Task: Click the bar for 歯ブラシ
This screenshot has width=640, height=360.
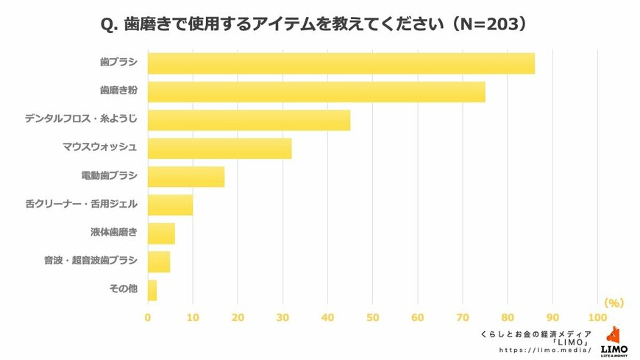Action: pyautogui.click(x=341, y=63)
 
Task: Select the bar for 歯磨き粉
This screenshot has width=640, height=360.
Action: pyautogui.click(x=316, y=92)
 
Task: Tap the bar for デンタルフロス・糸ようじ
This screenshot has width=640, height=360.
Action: pyautogui.click(x=249, y=120)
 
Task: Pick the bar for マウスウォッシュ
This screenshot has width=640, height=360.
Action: pyautogui.click(x=219, y=149)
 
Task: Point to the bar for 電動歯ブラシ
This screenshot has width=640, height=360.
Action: pyautogui.click(x=186, y=177)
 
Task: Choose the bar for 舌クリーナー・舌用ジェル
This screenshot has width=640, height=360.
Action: pyautogui.click(x=170, y=205)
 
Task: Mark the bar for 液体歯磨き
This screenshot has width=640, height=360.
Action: pyautogui.click(x=161, y=233)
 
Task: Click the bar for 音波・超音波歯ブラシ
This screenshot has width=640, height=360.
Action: pyautogui.click(x=159, y=261)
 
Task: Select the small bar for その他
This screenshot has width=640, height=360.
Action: pyautogui.click(x=152, y=289)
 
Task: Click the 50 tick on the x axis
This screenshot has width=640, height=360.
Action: pyautogui.click(x=372, y=317)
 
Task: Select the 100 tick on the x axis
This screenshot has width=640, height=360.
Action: pyautogui.click(x=597, y=317)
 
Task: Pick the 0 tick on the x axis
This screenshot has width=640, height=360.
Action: pyautogui.click(x=148, y=317)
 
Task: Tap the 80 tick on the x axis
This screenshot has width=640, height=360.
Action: pyautogui.click(x=508, y=317)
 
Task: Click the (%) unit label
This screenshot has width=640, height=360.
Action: pyautogui.click(x=614, y=303)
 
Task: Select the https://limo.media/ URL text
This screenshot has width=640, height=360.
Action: pyautogui.click(x=545, y=350)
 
